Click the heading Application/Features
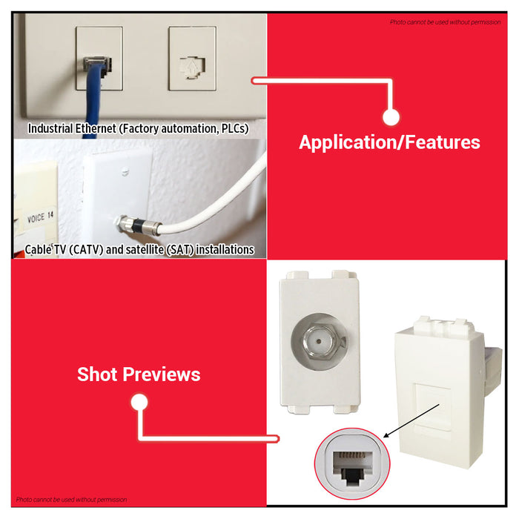[389, 142]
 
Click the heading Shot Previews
[139, 374]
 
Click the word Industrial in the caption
[50, 129]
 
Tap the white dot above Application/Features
[391, 116]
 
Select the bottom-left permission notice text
[71, 500]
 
